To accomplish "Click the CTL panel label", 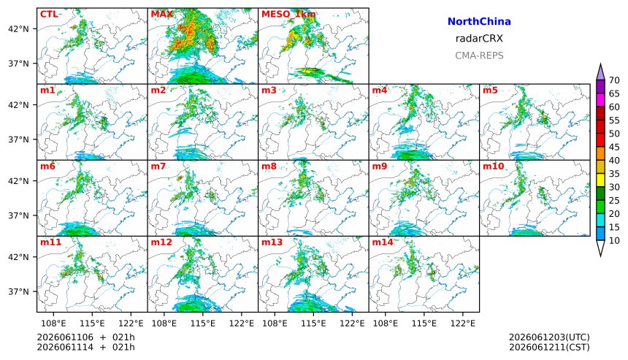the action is point(49,15).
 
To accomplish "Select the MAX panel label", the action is point(162,15).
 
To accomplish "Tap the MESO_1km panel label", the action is point(288,15).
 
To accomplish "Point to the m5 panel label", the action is point(490,90).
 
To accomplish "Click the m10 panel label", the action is point(493,166).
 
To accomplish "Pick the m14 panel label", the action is point(383,242).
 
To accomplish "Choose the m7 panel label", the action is point(158,166).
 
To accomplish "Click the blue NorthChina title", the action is point(479,22).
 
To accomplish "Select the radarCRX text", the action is point(479,39).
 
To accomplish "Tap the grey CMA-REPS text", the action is point(479,55).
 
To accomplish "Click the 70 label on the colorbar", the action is point(614,80).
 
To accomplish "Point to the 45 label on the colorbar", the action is point(614,147).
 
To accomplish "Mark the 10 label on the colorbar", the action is point(614,241).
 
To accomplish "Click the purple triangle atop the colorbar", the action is point(600,72).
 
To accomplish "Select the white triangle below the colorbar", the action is point(600,248).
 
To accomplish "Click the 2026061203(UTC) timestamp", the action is point(549,337).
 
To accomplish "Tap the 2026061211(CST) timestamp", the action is point(549,347).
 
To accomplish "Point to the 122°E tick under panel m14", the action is point(465,323).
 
